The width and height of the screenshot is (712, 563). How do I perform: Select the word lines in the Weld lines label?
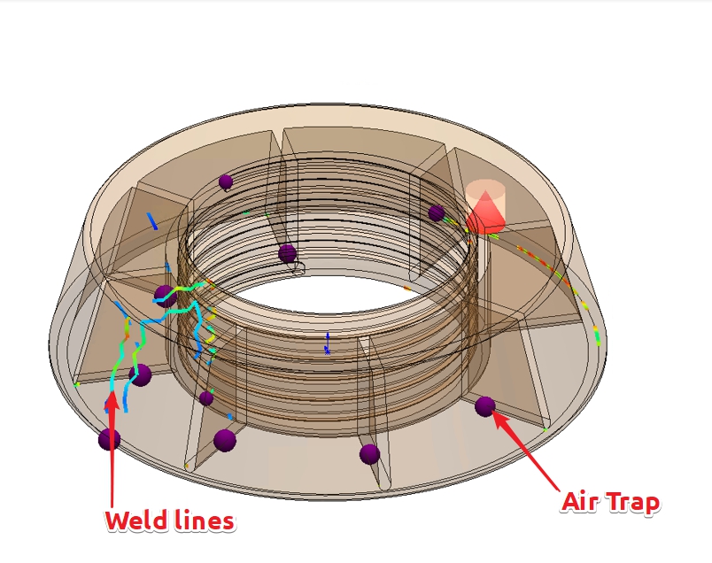tap(205, 521)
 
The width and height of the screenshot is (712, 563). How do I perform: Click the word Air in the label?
tap(584, 503)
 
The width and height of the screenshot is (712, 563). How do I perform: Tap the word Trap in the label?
tap(634, 503)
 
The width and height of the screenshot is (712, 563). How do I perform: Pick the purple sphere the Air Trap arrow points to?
tap(484, 406)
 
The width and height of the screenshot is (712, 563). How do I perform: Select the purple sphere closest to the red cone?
tap(436, 212)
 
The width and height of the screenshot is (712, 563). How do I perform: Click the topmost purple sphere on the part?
tap(226, 182)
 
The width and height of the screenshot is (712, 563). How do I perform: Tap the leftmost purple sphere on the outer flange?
tap(109, 438)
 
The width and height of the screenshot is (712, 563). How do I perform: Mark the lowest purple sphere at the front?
tap(369, 454)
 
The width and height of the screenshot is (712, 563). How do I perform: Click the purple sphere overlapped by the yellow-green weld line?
tap(165, 296)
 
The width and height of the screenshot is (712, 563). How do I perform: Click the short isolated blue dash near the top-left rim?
tap(154, 220)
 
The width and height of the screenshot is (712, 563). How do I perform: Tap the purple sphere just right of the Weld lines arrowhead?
tap(139, 375)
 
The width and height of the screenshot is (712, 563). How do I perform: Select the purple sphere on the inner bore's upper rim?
tap(287, 254)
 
